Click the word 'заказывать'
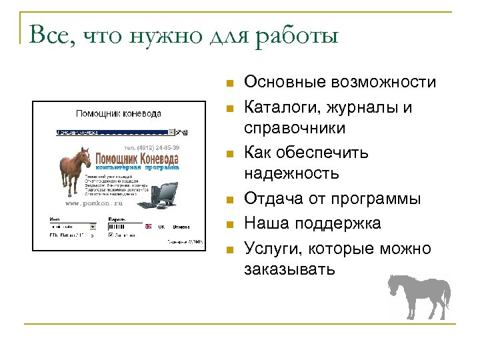[x=290, y=269]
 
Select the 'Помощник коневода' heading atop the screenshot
[x=119, y=114]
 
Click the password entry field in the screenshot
[x=120, y=226]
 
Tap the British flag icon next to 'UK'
[x=148, y=226]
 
